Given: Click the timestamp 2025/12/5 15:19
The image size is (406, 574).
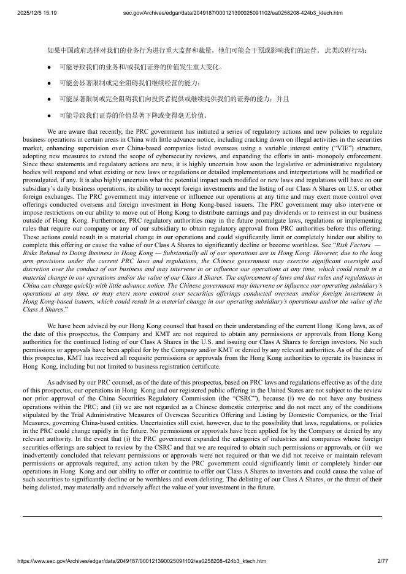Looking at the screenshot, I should pos(36,12).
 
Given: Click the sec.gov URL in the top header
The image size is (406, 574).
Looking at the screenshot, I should pos(232,12).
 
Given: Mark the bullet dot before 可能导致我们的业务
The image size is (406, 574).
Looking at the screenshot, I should pos(49,66).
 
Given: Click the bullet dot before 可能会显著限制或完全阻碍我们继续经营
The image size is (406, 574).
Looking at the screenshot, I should pos(49,82).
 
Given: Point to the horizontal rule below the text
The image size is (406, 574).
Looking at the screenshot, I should pos(202,516).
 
